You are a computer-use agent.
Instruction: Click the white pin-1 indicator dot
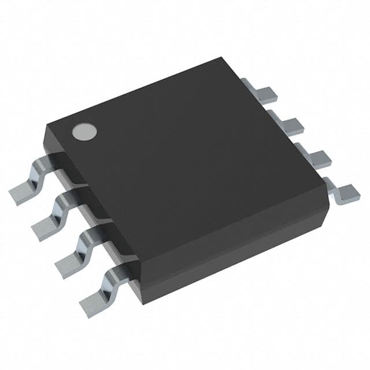point(84,131)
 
